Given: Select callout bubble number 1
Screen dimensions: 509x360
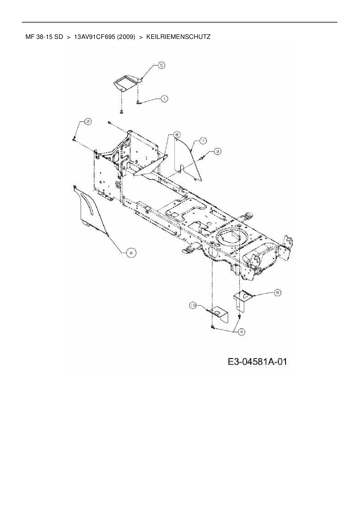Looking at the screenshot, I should (x=164, y=99).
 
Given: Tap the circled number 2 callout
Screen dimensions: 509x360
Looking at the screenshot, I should (x=87, y=122).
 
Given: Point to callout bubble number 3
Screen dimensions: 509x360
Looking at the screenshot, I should (x=217, y=151).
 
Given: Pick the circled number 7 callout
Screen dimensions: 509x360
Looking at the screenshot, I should (x=203, y=141).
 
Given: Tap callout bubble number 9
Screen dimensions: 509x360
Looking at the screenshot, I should (x=278, y=293).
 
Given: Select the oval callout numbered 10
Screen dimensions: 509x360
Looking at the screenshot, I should (x=193, y=305).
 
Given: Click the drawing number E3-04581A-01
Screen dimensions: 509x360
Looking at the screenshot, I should (x=258, y=362).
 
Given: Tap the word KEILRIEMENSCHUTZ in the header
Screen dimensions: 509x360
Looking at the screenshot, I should (x=178, y=37).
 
